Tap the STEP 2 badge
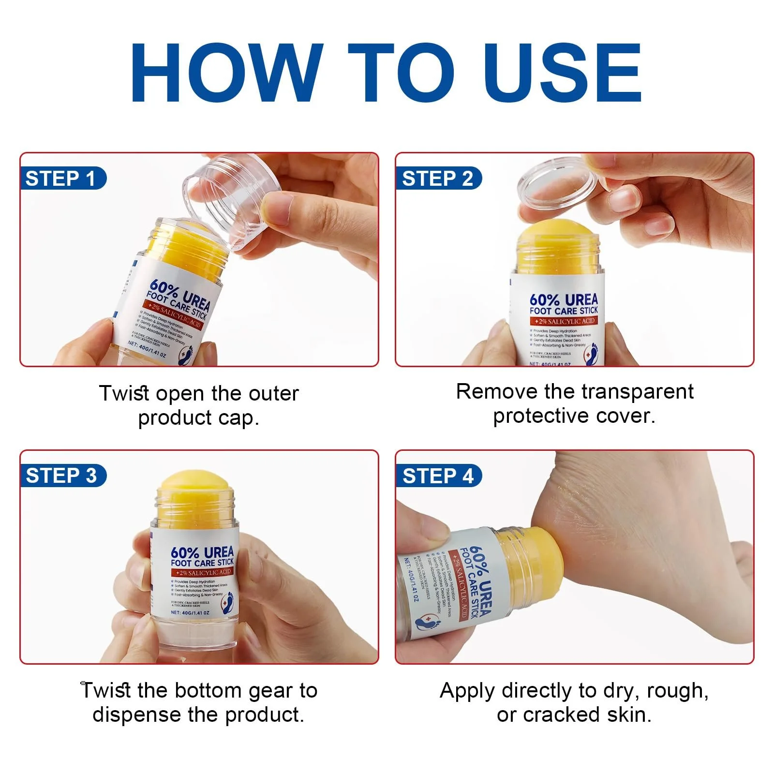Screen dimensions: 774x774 pyautogui.click(x=437, y=179)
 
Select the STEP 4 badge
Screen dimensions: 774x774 pyautogui.click(x=437, y=476)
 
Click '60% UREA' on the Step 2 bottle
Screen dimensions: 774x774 pyautogui.click(x=564, y=299)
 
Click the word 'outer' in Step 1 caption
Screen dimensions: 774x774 pyautogui.click(x=273, y=394)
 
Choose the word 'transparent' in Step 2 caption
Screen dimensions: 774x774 pyautogui.click(x=637, y=391)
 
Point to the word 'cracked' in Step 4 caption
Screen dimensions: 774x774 pyautogui.click(x=561, y=714)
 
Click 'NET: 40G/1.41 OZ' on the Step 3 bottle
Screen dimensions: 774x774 pyautogui.click(x=190, y=612)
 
